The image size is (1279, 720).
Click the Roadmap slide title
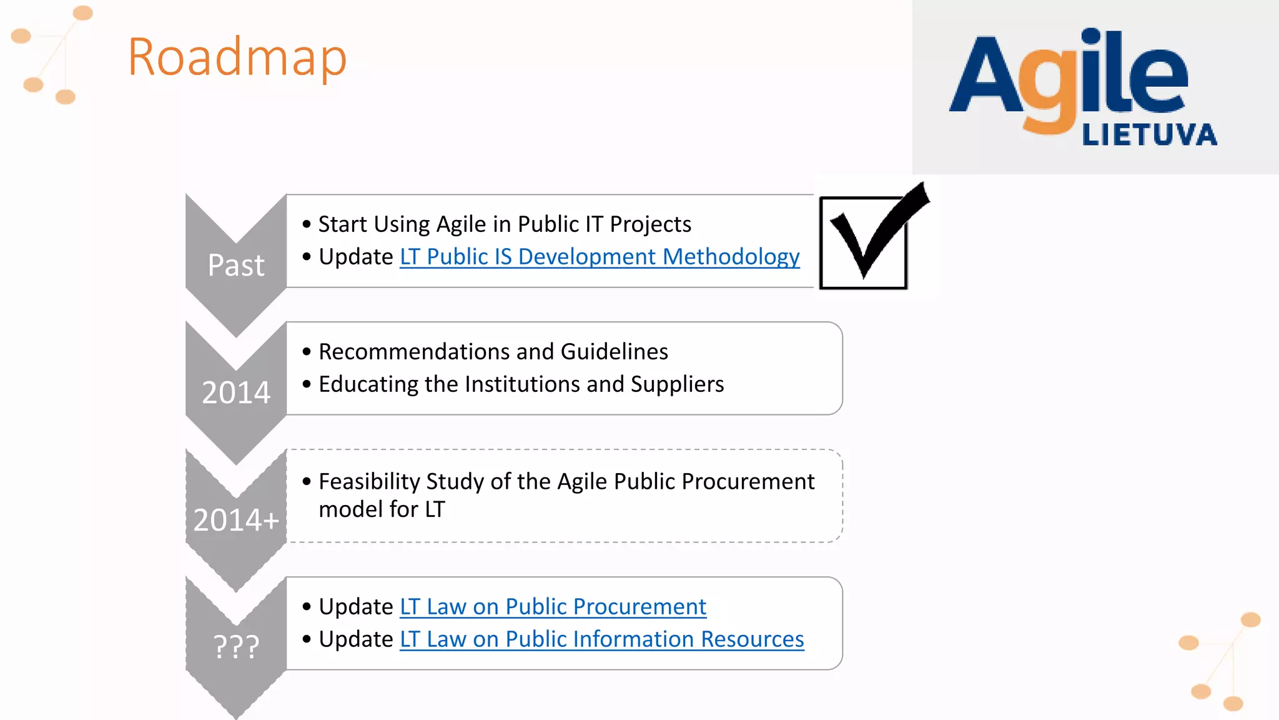click(x=237, y=57)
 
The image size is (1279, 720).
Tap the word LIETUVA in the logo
click(x=1149, y=135)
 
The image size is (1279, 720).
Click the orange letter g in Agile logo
click(x=1049, y=94)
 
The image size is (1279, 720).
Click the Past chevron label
click(x=236, y=265)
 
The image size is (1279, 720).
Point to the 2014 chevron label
click(x=236, y=392)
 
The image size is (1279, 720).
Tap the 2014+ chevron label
click(x=236, y=520)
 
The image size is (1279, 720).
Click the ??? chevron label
click(x=236, y=646)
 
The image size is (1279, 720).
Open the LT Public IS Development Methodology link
click(x=600, y=257)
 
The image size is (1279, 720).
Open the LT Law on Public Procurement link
click(x=553, y=607)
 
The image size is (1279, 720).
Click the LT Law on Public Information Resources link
click(x=601, y=639)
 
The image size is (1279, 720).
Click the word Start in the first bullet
click(x=342, y=224)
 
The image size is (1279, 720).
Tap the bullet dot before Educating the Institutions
click(x=306, y=384)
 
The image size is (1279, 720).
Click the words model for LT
click(x=382, y=509)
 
